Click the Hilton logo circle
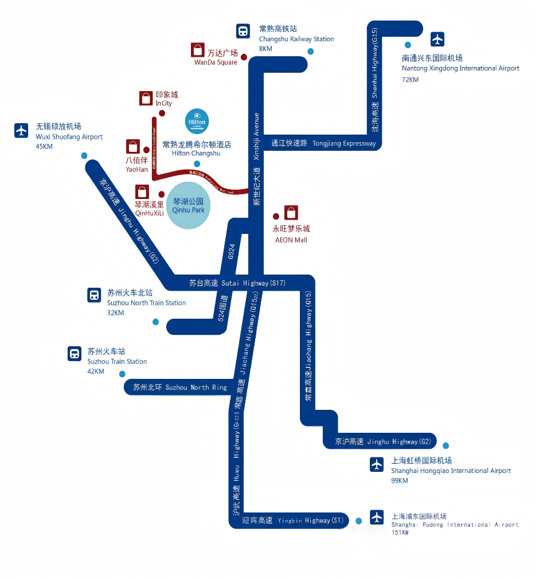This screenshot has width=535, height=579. [x=197, y=120]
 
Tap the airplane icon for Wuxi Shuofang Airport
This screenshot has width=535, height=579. [x=22, y=131]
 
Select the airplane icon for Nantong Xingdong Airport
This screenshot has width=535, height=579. [x=438, y=39]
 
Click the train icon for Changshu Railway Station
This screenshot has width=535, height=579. [x=243, y=31]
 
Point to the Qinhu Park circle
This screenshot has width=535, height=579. [x=189, y=205]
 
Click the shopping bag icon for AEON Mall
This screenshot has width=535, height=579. [x=291, y=213]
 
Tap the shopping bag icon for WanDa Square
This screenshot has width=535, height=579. [x=198, y=50]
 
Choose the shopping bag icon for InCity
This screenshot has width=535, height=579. [x=146, y=98]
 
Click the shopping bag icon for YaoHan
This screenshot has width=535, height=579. [x=133, y=146]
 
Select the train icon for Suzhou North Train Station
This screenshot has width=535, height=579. [x=94, y=295]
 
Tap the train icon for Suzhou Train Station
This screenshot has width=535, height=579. [x=75, y=353]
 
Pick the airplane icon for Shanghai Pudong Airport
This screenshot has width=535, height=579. [x=377, y=517]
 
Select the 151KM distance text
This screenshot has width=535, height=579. [x=400, y=533]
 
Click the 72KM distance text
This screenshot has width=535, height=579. [x=410, y=79]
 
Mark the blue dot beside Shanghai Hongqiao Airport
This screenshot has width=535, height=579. [x=446, y=445]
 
